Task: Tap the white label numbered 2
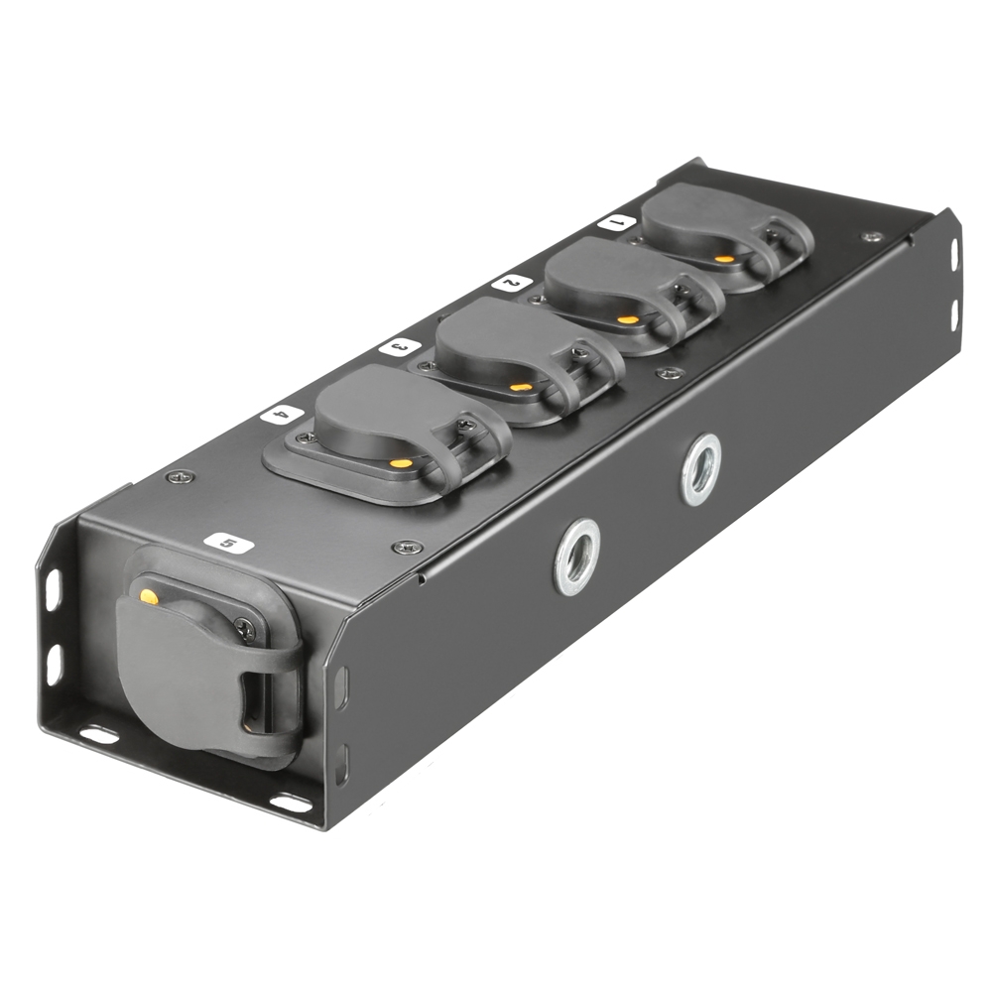click(x=510, y=283)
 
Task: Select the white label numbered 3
click(x=395, y=347)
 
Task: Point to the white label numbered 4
click(x=282, y=414)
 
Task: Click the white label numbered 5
click(x=224, y=543)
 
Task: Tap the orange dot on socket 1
click(x=725, y=259)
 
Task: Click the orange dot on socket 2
click(x=628, y=319)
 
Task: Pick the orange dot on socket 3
click(x=519, y=387)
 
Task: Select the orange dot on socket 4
click(x=401, y=462)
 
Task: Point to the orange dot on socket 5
click(x=149, y=597)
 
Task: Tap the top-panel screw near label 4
click(x=179, y=476)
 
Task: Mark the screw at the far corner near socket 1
click(x=872, y=237)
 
